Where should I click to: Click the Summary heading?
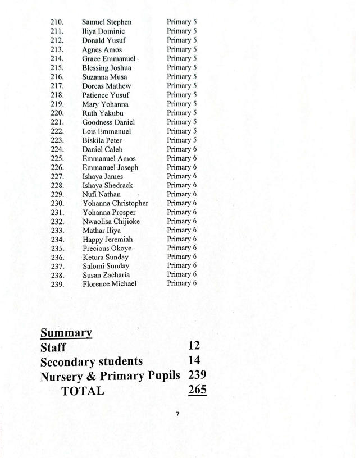coord(65,333)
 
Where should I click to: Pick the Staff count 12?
coord(194,347)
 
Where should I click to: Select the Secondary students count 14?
coord(194,361)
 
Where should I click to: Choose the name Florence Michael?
coord(110,283)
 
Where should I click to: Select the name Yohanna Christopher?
coord(115,203)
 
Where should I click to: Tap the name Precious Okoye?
coord(107,248)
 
